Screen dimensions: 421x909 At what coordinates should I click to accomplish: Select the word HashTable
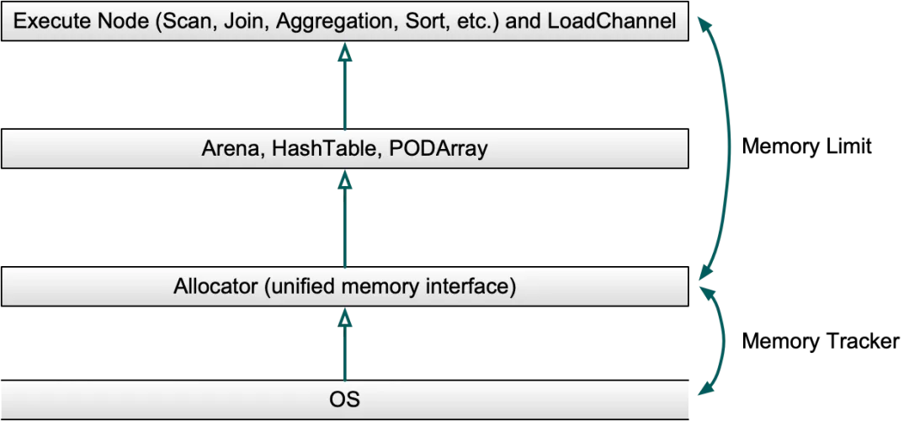310,150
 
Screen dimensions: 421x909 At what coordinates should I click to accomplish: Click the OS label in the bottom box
344,398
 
